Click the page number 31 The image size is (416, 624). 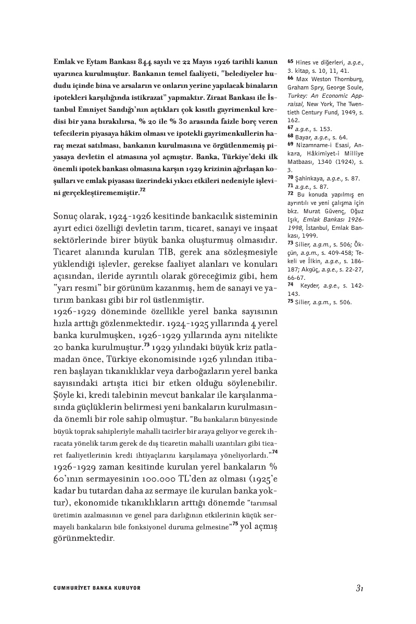pyautogui.click(x=359, y=588)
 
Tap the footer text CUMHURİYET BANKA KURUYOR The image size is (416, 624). pyautogui.click(x=97, y=588)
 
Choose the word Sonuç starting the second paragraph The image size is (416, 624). pyautogui.click(x=66, y=215)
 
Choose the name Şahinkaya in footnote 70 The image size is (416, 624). pyautogui.click(x=311, y=178)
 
